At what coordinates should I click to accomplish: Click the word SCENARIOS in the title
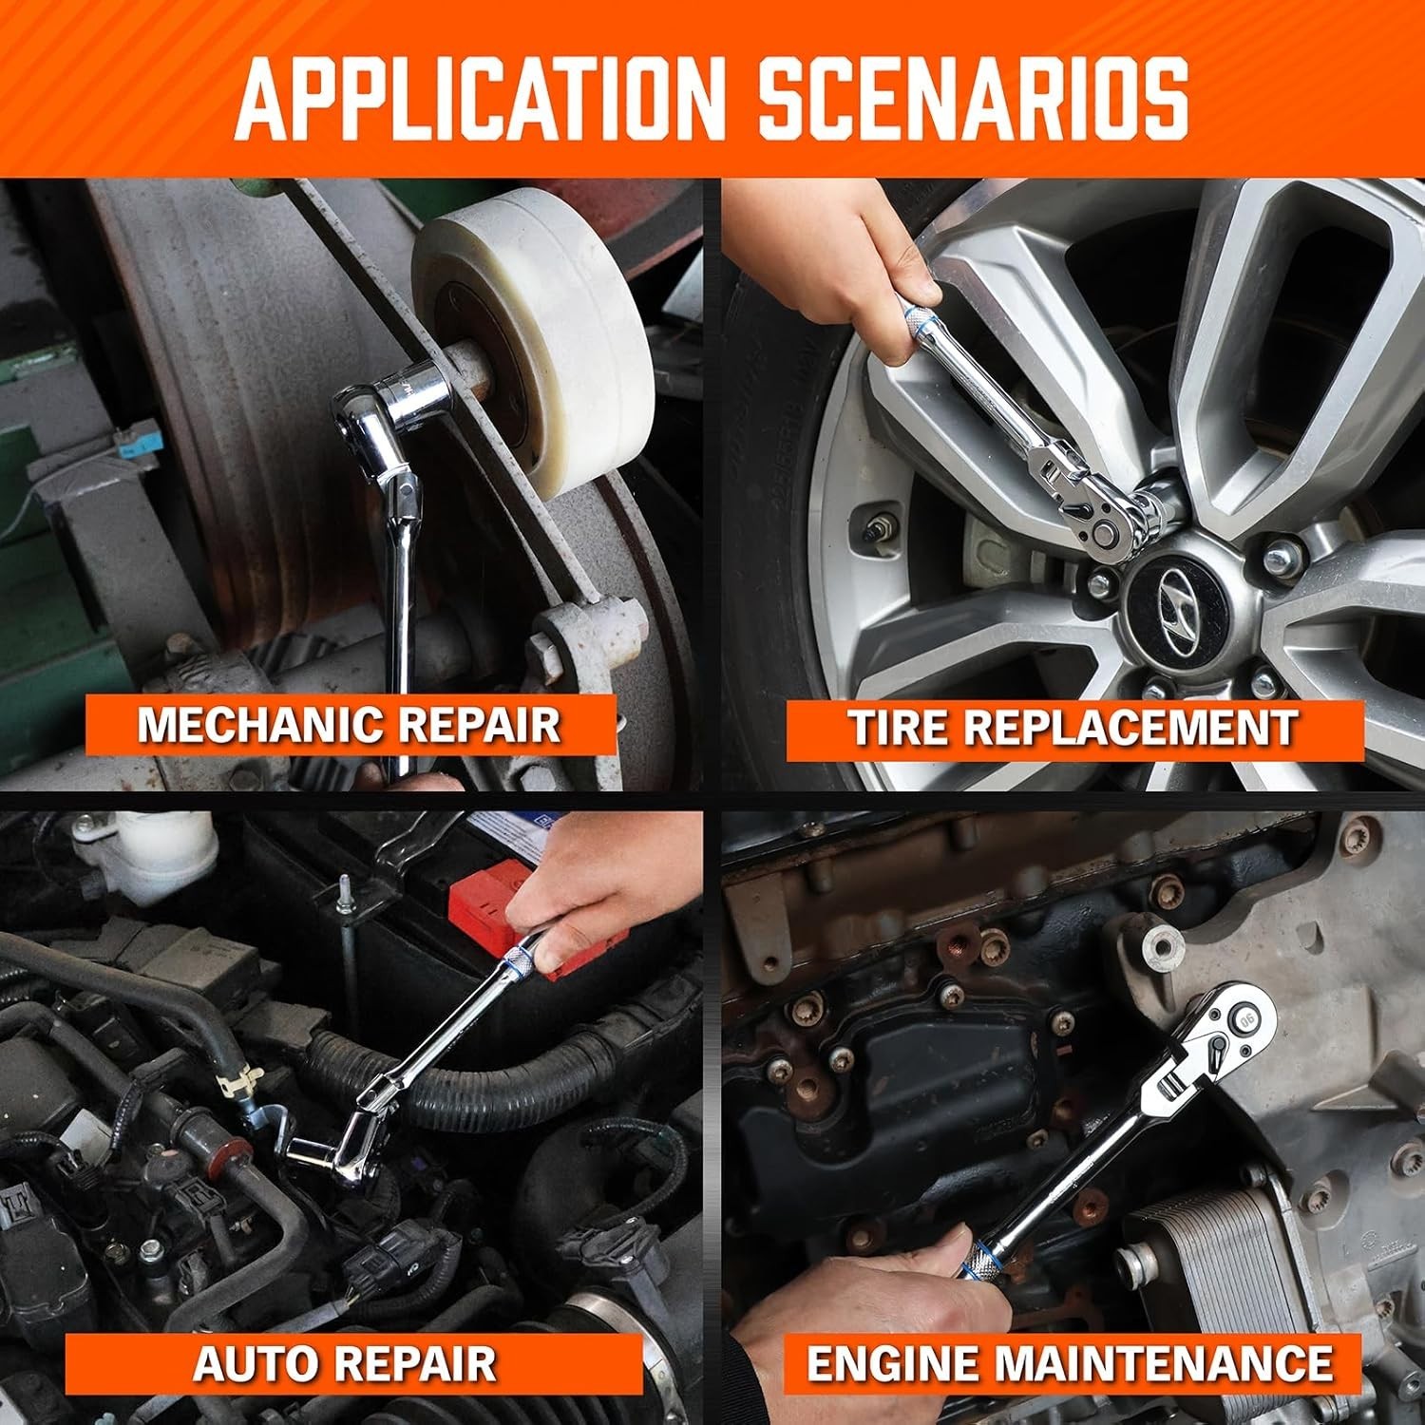pos(975,98)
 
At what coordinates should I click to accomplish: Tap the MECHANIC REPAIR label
pos(349,725)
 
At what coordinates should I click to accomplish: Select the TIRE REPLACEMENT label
pos(1073,729)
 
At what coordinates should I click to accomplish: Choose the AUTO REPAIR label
pos(345,1364)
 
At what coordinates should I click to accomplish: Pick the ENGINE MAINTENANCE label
pos(1070,1364)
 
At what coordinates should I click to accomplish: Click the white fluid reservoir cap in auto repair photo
pos(142,836)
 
